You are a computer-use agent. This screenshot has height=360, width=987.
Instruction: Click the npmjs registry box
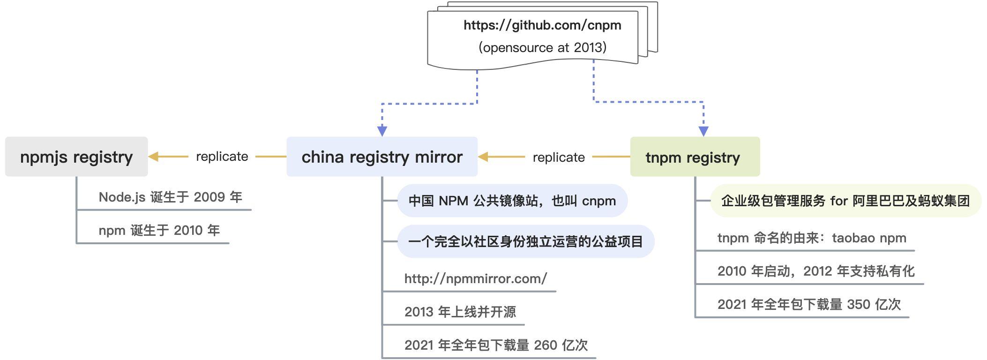click(x=76, y=157)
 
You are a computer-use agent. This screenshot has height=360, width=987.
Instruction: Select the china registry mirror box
click(x=382, y=157)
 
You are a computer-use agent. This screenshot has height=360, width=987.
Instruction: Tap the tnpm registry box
click(x=695, y=157)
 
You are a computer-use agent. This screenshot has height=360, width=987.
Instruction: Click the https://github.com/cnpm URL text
click(x=542, y=25)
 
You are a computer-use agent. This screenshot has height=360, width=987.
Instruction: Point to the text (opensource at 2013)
click(x=542, y=47)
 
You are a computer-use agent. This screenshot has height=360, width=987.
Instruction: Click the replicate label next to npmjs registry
click(x=222, y=157)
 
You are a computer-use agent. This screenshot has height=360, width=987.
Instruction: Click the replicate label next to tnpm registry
click(x=559, y=157)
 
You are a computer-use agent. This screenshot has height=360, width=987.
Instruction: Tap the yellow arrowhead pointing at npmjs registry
click(x=154, y=157)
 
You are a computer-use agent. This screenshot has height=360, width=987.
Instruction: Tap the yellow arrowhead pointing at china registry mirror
click(x=483, y=157)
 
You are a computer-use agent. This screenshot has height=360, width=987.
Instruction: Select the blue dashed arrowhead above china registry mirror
click(x=382, y=131)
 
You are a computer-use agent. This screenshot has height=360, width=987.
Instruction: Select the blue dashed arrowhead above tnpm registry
click(x=703, y=131)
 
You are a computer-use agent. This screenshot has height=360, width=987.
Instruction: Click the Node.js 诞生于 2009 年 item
click(x=170, y=197)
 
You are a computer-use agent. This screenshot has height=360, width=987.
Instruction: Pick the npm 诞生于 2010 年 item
click(x=159, y=230)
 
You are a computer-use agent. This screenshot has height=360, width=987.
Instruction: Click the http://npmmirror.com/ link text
click(x=475, y=278)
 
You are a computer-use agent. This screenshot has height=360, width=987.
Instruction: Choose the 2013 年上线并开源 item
click(x=460, y=312)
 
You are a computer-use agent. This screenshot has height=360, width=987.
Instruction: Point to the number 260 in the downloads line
click(x=546, y=345)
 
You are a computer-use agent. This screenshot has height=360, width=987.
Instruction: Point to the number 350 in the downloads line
click(x=859, y=304)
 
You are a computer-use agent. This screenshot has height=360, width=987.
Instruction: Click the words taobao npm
click(x=869, y=238)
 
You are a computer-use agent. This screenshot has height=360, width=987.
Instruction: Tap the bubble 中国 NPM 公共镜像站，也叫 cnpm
click(x=512, y=201)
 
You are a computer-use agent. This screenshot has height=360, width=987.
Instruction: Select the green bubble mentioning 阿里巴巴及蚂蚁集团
click(x=845, y=201)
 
